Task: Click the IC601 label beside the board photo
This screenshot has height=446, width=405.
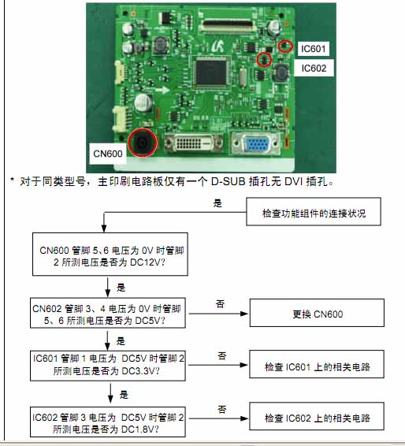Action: click(313, 49)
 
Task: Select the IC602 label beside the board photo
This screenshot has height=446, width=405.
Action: click(314, 69)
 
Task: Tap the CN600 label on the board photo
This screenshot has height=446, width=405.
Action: click(108, 154)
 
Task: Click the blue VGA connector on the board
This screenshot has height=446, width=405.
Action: click(256, 144)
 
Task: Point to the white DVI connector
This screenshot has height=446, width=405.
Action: click(194, 143)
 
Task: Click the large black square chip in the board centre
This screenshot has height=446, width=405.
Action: click(210, 72)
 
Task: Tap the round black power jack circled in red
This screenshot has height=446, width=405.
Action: click(142, 143)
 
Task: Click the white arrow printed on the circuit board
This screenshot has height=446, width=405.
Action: click(162, 91)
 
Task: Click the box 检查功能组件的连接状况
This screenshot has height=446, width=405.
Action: click(314, 212)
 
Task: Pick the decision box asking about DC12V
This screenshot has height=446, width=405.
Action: click(110, 254)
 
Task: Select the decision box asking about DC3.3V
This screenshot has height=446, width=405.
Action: click(108, 366)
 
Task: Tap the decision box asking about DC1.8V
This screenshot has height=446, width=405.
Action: click(108, 422)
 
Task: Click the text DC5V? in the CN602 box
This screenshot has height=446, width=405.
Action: click(150, 321)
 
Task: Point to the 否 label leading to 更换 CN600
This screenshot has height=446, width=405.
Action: click(220, 304)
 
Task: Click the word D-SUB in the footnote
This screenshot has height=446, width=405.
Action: click(228, 182)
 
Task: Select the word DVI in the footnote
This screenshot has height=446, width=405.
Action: click(294, 182)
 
